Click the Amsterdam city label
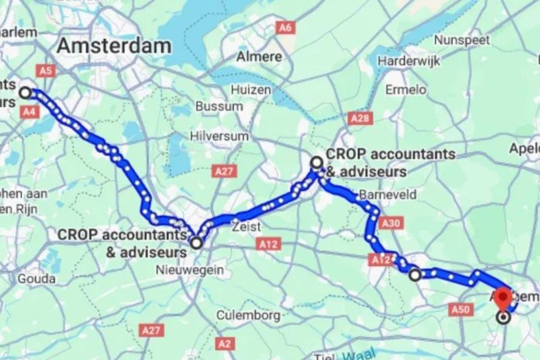[x=114, y=46]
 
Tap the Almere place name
[x=259, y=57]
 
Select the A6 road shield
[x=285, y=28]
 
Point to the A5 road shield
[x=45, y=71]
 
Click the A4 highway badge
[x=29, y=111]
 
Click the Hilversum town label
[x=219, y=136]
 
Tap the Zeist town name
[x=246, y=226]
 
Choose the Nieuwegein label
[x=189, y=270]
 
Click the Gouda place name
[x=36, y=279]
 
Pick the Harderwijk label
[x=409, y=61]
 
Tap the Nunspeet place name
[x=461, y=40]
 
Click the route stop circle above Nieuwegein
[x=197, y=243]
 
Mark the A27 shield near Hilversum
[x=224, y=171]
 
